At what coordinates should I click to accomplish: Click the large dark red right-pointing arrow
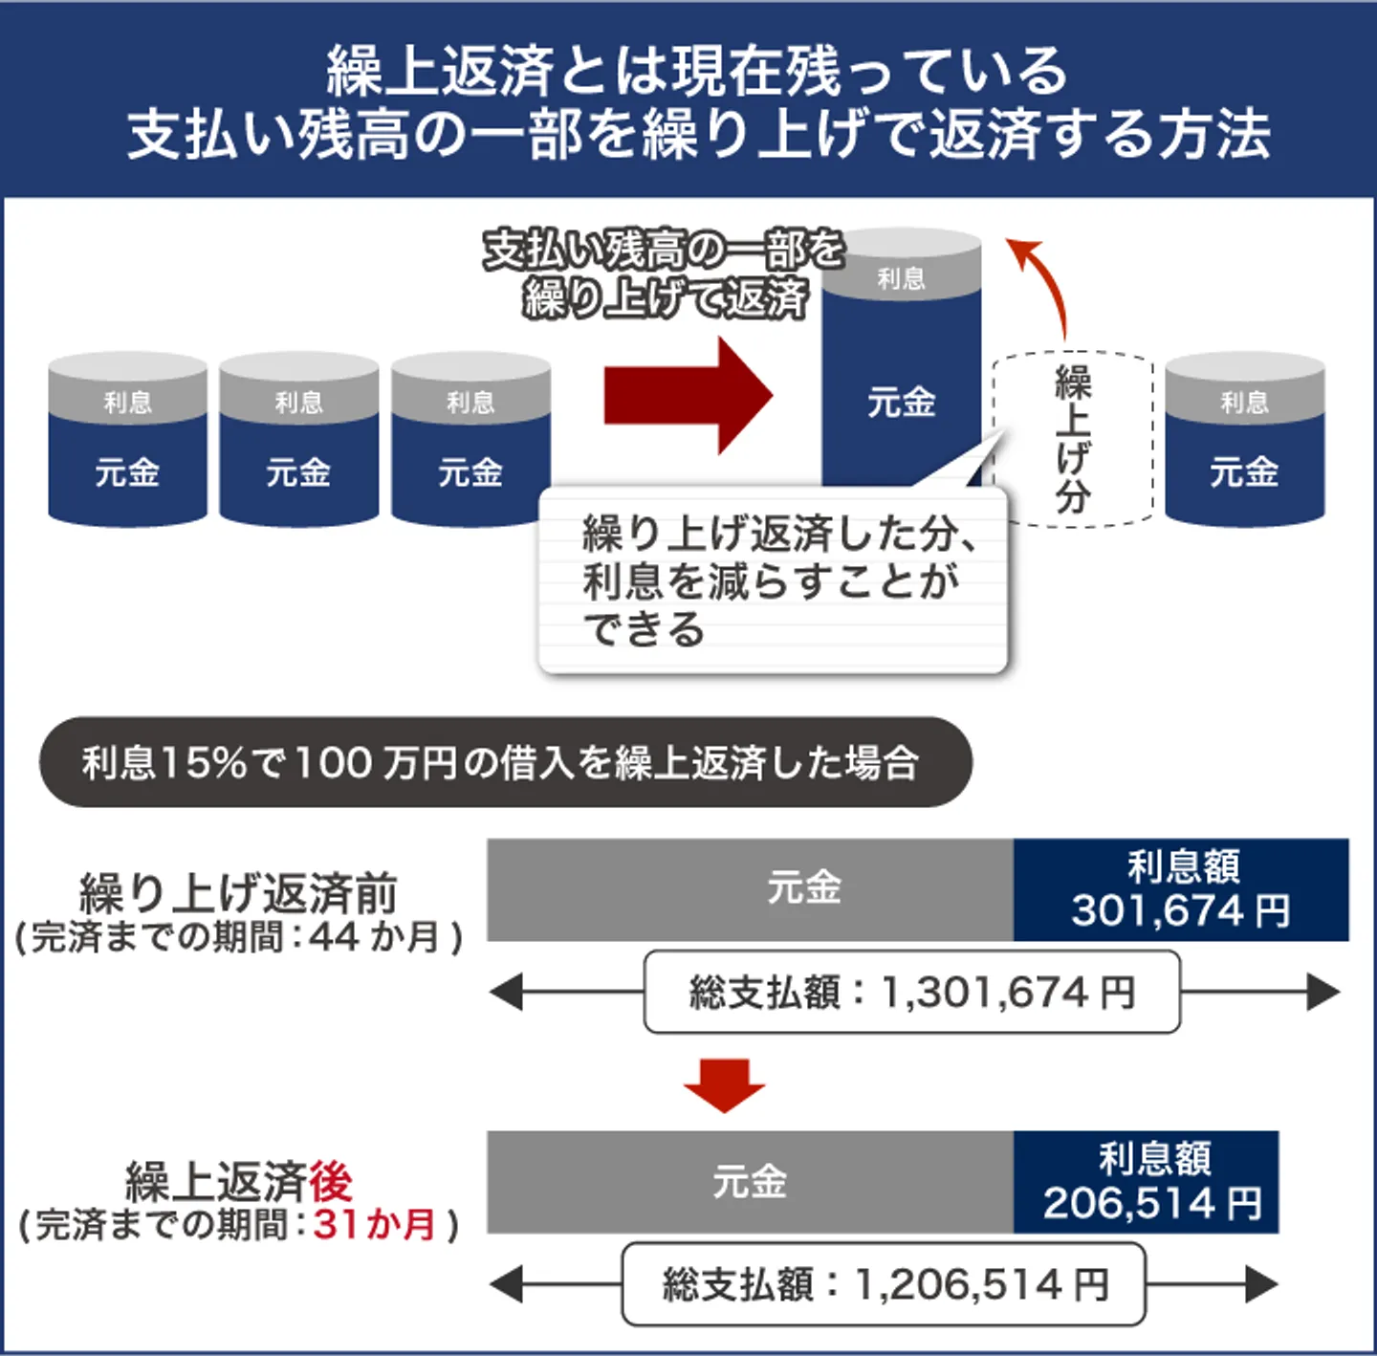[x=687, y=394]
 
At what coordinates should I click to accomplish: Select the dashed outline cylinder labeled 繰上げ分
[x=1073, y=439]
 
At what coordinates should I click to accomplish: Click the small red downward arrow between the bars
[x=724, y=1084]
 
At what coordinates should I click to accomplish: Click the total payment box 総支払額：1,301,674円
[x=911, y=992]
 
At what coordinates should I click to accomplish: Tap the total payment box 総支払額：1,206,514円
[x=884, y=1284]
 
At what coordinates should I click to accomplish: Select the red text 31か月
[x=374, y=1224]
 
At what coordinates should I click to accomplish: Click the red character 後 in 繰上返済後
[x=331, y=1181]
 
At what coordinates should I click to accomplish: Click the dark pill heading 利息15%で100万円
[x=504, y=762]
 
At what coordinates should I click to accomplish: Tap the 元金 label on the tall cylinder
[x=901, y=403]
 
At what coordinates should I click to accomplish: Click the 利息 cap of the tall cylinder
[x=901, y=277]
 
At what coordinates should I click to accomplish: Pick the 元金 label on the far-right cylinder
[x=1244, y=472]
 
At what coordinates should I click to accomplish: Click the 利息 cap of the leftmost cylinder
[x=127, y=401]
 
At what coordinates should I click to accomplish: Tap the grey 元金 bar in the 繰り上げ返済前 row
[x=750, y=888]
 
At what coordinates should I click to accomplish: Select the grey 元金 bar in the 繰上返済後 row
[x=750, y=1182]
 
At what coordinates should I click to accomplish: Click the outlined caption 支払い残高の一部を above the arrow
[x=664, y=251]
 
